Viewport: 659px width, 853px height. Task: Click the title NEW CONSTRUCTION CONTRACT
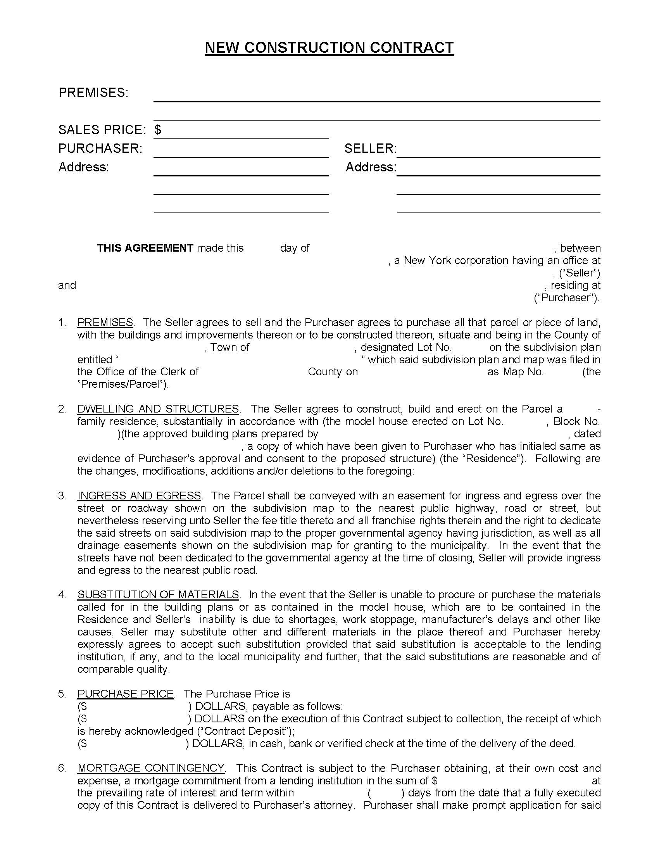329,48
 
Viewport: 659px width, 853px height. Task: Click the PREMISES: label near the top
93,93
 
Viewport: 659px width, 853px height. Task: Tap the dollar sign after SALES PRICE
157,130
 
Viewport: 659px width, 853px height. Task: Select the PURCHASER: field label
100,148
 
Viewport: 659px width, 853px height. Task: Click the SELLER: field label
370,148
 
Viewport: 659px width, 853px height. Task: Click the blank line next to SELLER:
498,152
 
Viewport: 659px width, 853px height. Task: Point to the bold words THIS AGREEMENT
145,248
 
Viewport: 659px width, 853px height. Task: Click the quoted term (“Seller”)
580,273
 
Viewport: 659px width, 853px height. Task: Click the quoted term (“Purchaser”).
566,298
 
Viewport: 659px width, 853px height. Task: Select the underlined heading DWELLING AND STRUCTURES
158,409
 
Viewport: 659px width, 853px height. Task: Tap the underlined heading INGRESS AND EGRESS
139,496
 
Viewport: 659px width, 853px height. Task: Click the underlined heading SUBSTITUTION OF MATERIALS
158,594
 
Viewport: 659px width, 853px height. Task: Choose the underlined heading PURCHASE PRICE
125,694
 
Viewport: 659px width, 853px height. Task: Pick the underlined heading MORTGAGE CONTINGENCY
151,768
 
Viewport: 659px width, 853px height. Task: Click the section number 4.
62,594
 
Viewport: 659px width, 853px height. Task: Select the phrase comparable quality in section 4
123,669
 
